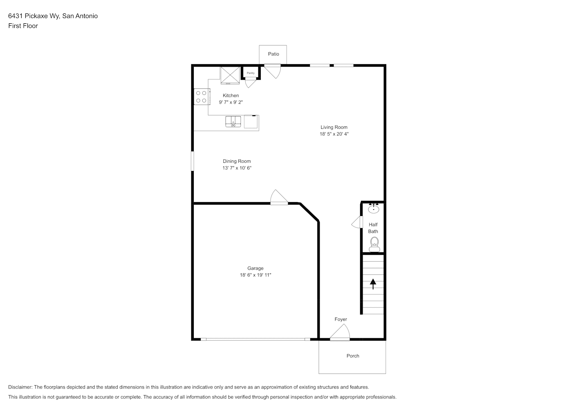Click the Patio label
273,54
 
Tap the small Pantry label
251,73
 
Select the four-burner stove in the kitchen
202,97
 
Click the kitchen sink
233,121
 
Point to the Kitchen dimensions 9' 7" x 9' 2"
231,102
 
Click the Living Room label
334,127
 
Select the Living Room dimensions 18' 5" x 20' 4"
334,134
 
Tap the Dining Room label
237,161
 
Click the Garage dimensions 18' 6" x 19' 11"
255,275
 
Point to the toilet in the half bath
374,245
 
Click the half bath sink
373,208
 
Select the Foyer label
341,319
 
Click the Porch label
353,356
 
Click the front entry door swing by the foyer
340,332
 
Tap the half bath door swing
357,222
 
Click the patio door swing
273,72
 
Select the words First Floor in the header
23,26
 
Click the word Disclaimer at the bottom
20,387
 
